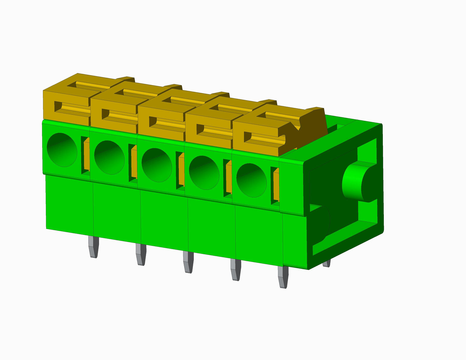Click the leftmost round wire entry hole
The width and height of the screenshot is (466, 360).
(62, 150)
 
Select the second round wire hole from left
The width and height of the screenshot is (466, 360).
(109, 158)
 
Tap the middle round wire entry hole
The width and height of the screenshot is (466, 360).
(157, 165)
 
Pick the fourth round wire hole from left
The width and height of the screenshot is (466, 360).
(204, 173)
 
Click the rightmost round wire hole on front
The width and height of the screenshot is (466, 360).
(252, 180)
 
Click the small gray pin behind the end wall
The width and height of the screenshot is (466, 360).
(326, 264)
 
